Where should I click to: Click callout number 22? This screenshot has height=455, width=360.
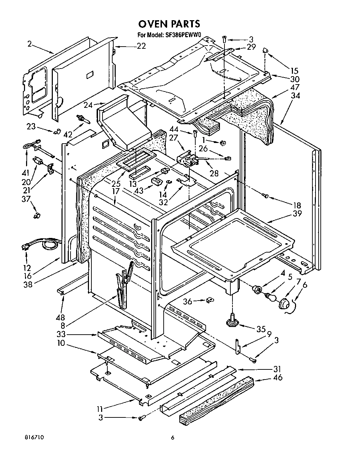[x=141, y=46]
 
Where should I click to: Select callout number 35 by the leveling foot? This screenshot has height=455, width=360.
[x=261, y=329]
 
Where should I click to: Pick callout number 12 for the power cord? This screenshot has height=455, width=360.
[x=27, y=268]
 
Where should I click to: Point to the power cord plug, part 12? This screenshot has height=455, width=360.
[x=25, y=248]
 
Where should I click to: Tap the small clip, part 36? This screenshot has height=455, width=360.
[x=210, y=300]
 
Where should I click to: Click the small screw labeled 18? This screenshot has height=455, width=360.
[x=265, y=197]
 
